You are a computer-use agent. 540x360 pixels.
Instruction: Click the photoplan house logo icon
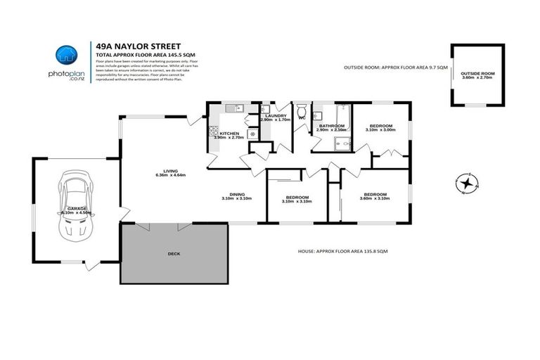point(65,55)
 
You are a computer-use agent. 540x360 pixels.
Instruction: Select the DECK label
point(174,253)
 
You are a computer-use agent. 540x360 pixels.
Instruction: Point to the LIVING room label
point(170,171)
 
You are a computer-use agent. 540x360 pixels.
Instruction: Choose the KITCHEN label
point(229,134)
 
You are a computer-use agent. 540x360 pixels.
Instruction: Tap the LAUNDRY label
point(275,116)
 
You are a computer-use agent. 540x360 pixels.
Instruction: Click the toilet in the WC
point(301,110)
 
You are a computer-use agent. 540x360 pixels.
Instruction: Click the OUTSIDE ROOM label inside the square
point(478,73)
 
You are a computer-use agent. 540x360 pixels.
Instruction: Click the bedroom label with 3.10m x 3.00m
point(380,126)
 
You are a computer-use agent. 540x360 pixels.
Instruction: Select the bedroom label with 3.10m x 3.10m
point(296,198)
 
